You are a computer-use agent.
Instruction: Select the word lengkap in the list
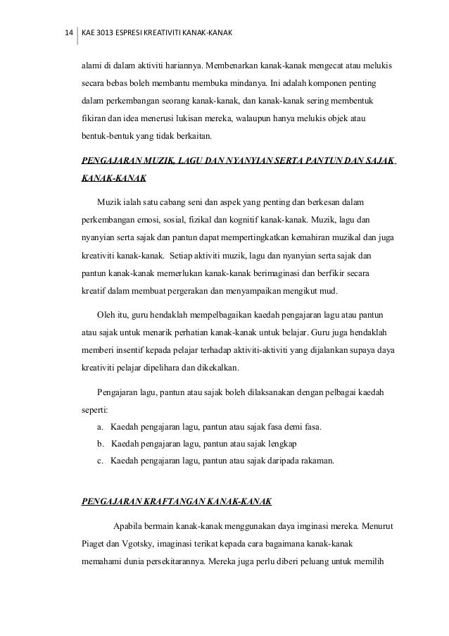click(282, 444)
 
